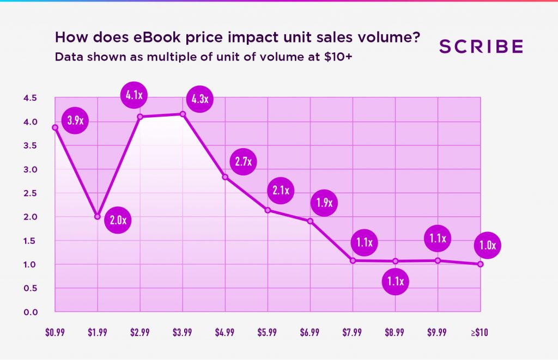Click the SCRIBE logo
[x=481, y=47]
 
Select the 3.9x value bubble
[x=75, y=121]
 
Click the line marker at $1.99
[x=98, y=216]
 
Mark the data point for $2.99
[x=140, y=117]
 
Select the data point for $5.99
[x=268, y=210]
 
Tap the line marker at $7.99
[x=353, y=260]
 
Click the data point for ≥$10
[x=480, y=264]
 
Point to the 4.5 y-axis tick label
[x=30, y=98]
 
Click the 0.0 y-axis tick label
[x=30, y=312]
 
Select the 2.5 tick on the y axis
[x=30, y=193]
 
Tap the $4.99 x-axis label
[x=225, y=333]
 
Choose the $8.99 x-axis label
[x=395, y=333]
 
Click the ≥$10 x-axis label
[x=480, y=333]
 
